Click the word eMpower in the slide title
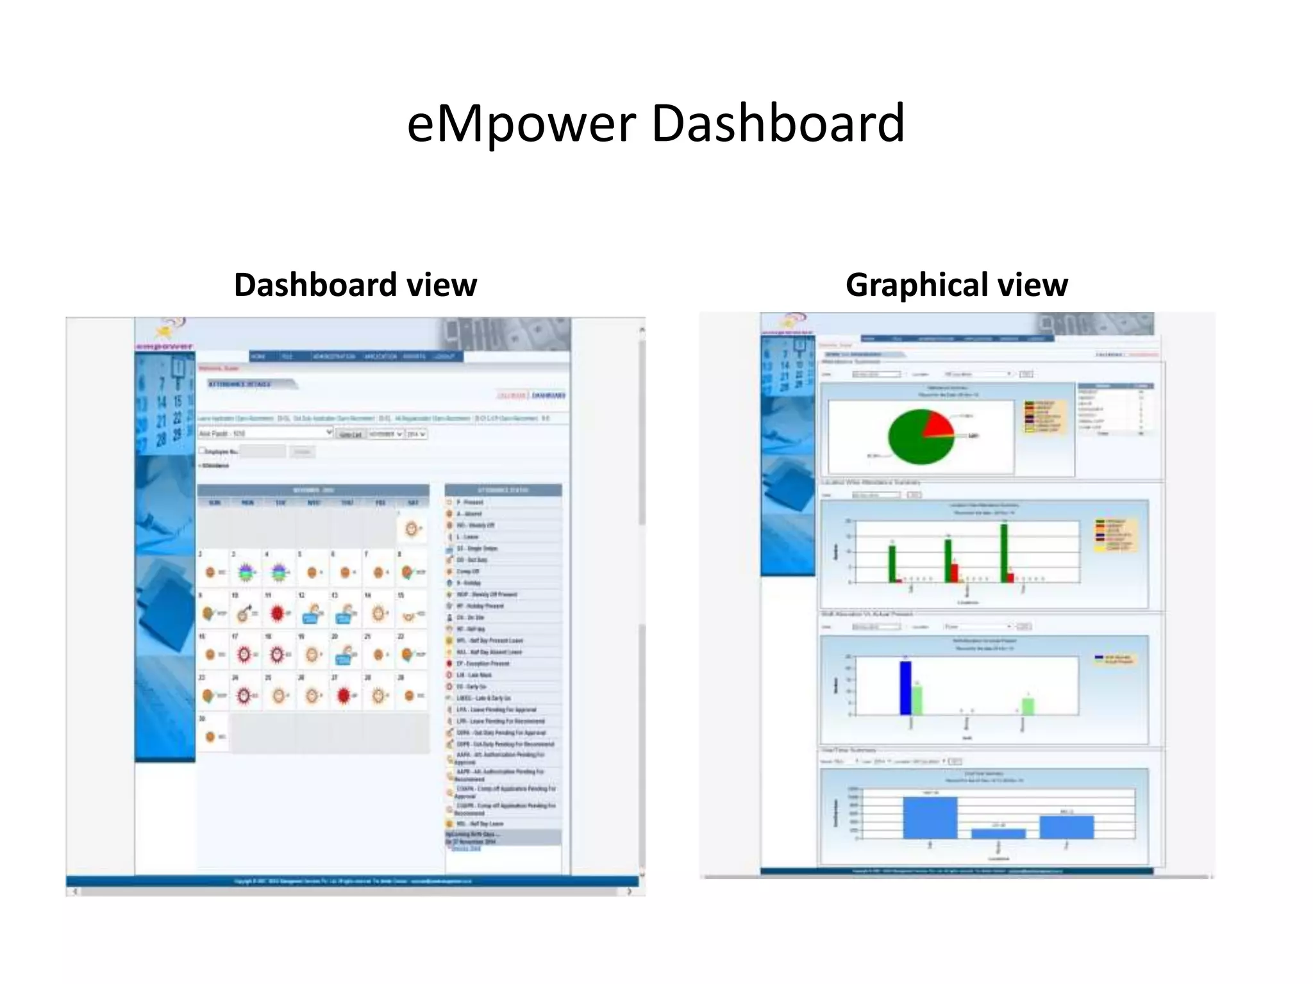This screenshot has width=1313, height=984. pyautogui.click(x=521, y=123)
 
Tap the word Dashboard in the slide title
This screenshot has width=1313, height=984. pyautogui.click(x=777, y=123)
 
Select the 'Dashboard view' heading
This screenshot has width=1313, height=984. pyautogui.click(x=355, y=284)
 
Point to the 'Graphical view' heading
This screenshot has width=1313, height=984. pyautogui.click(x=957, y=284)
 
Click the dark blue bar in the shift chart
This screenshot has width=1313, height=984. pyautogui.click(x=905, y=688)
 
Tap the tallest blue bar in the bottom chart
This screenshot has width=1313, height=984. pyautogui.click(x=930, y=817)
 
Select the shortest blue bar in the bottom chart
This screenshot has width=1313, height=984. pyautogui.click(x=998, y=833)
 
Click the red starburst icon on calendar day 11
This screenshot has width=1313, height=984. pyautogui.click(x=277, y=614)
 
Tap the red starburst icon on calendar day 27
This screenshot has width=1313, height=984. pyautogui.click(x=344, y=694)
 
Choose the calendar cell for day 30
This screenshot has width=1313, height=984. pyautogui.click(x=213, y=733)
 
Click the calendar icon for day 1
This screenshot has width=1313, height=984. pyautogui.click(x=412, y=529)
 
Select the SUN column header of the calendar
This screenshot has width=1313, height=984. pyautogui.click(x=214, y=503)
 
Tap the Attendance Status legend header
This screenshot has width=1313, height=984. pyautogui.click(x=503, y=490)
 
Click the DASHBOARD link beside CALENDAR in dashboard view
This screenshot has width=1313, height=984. pyautogui.click(x=549, y=395)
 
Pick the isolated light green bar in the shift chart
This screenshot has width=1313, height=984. pyautogui.click(x=1028, y=706)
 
